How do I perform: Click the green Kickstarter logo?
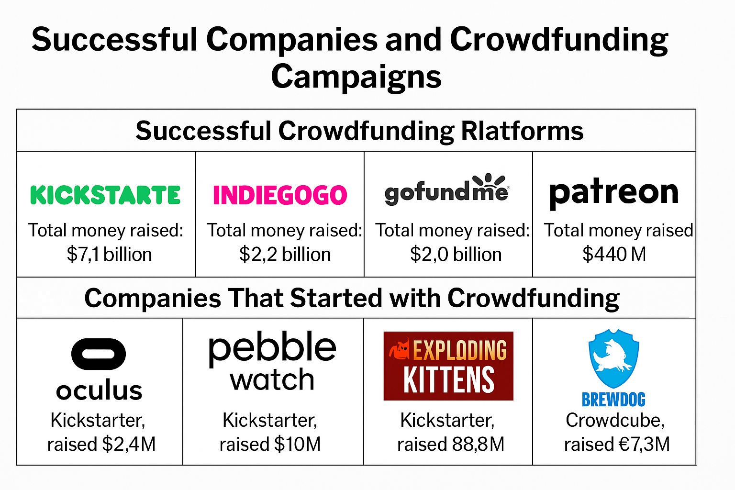point(105,195)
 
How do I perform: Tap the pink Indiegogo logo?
point(280,195)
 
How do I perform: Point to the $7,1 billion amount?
point(109,255)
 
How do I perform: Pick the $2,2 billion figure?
point(285,255)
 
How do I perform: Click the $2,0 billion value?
point(456,255)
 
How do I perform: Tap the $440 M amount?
point(614,255)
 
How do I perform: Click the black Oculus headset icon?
point(99,354)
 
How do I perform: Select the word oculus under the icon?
point(99,390)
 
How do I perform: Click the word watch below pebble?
point(272,379)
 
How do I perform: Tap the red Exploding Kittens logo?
point(448,366)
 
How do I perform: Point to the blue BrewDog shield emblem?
point(613,358)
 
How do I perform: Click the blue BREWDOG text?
point(613,400)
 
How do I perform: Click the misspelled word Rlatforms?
point(523,131)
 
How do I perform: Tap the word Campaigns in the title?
point(356,77)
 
